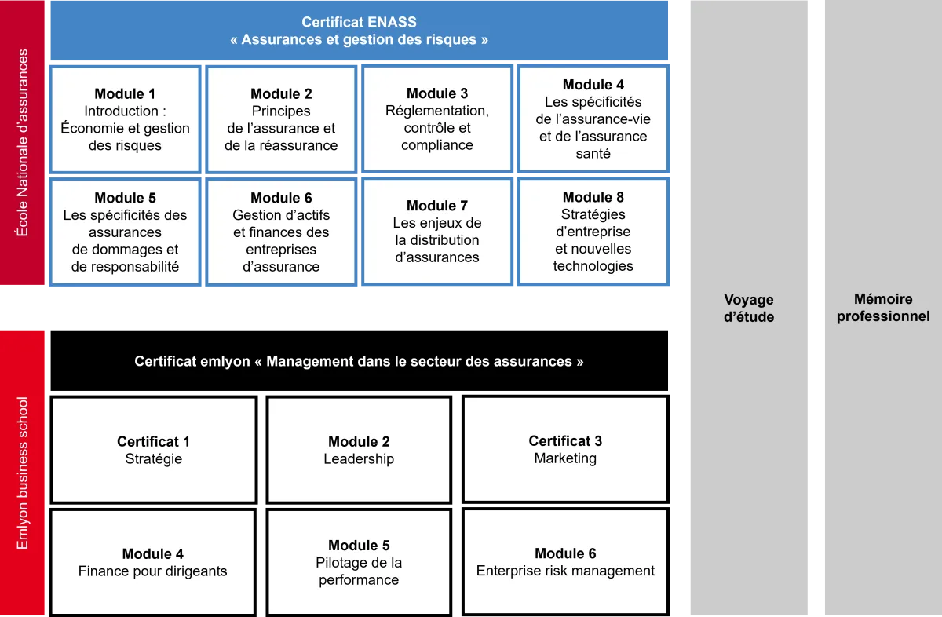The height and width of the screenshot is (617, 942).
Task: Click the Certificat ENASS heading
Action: [360, 31]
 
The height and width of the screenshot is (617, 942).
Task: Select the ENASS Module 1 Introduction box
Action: [125, 119]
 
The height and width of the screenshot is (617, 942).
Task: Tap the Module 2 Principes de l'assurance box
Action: [281, 119]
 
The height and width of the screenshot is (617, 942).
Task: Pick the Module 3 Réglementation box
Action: [437, 119]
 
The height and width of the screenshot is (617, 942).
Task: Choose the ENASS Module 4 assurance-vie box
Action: [593, 119]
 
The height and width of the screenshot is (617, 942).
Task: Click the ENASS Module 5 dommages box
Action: [125, 232]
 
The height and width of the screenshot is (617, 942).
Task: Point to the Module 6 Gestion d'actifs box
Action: [281, 232]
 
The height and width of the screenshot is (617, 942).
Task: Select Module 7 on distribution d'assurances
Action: [437, 231]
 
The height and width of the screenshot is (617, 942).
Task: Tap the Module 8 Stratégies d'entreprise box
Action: [593, 231]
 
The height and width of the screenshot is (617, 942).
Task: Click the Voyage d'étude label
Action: [748, 308]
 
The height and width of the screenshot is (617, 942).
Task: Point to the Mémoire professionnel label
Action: [883, 308]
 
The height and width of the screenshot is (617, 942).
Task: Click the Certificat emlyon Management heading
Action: [359, 362]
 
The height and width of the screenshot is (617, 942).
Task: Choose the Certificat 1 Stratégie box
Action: [154, 450]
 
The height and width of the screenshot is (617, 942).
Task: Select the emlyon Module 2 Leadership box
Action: [359, 450]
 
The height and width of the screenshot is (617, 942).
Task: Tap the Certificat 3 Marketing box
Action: [565, 449]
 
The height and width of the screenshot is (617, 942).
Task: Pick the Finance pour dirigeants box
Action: [153, 562]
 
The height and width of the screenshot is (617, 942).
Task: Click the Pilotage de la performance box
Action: [359, 562]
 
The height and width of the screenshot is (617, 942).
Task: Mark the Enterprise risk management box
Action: [565, 562]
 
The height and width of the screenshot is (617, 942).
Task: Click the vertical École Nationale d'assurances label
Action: [23, 143]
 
